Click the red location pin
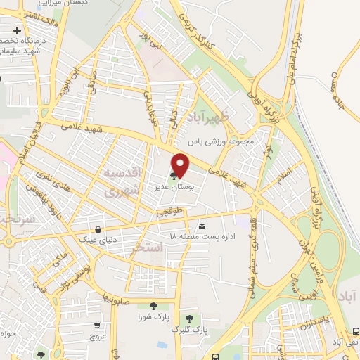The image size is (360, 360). (x=181, y=165)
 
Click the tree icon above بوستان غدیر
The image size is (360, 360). (x=174, y=176)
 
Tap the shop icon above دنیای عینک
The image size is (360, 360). (x=98, y=228)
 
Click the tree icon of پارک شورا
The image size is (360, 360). (x=153, y=305)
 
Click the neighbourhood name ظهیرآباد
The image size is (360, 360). (x=210, y=115)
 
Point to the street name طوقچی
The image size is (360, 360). (x=174, y=209)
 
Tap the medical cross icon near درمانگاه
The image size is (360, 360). (x=17, y=31)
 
